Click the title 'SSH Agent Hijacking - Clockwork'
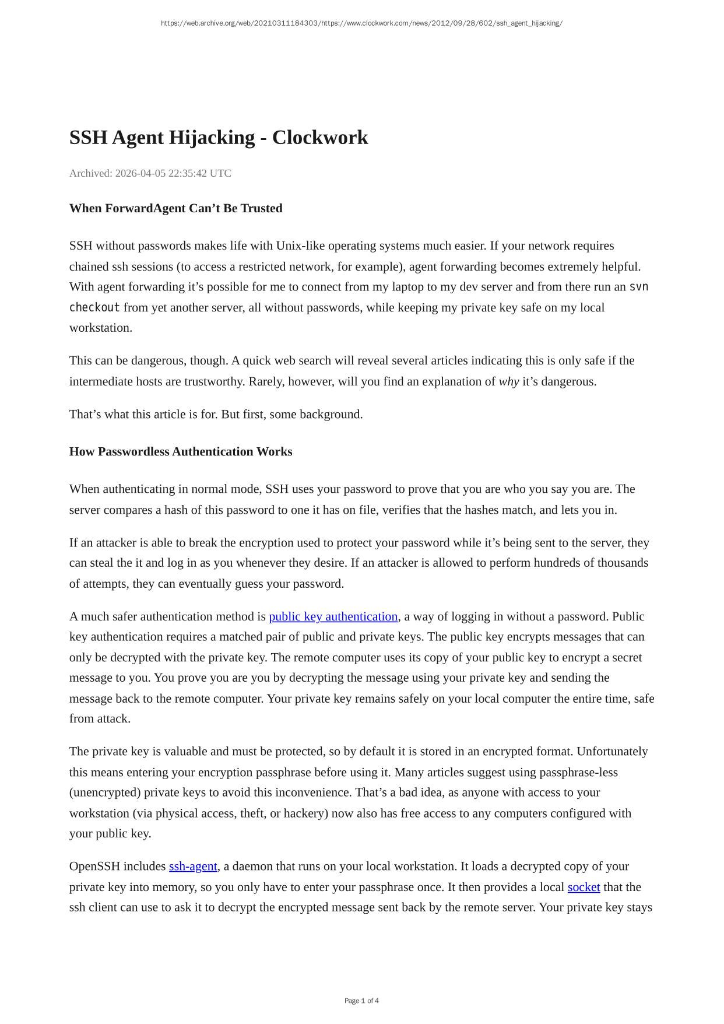[219, 138]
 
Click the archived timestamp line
[150, 173]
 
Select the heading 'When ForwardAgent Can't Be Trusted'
[175, 208]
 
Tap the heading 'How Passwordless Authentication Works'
[181, 451]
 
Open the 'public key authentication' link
[333, 616]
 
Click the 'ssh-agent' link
[193, 866]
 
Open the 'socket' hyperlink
[584, 887]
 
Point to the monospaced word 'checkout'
[94, 307]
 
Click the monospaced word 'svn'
[639, 287]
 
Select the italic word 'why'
[509, 381]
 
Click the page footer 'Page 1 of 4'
[361, 1001]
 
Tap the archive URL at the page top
[361, 23]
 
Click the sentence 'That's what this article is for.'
[143, 414]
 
